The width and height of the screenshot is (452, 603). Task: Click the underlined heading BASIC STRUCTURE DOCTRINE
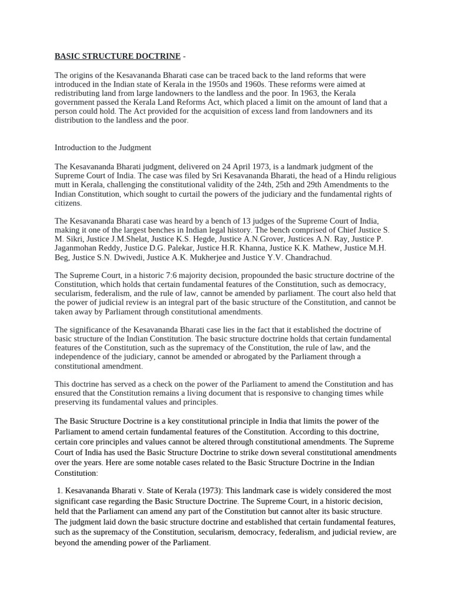tap(118, 57)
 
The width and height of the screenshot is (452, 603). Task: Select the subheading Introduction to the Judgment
tap(103, 147)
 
